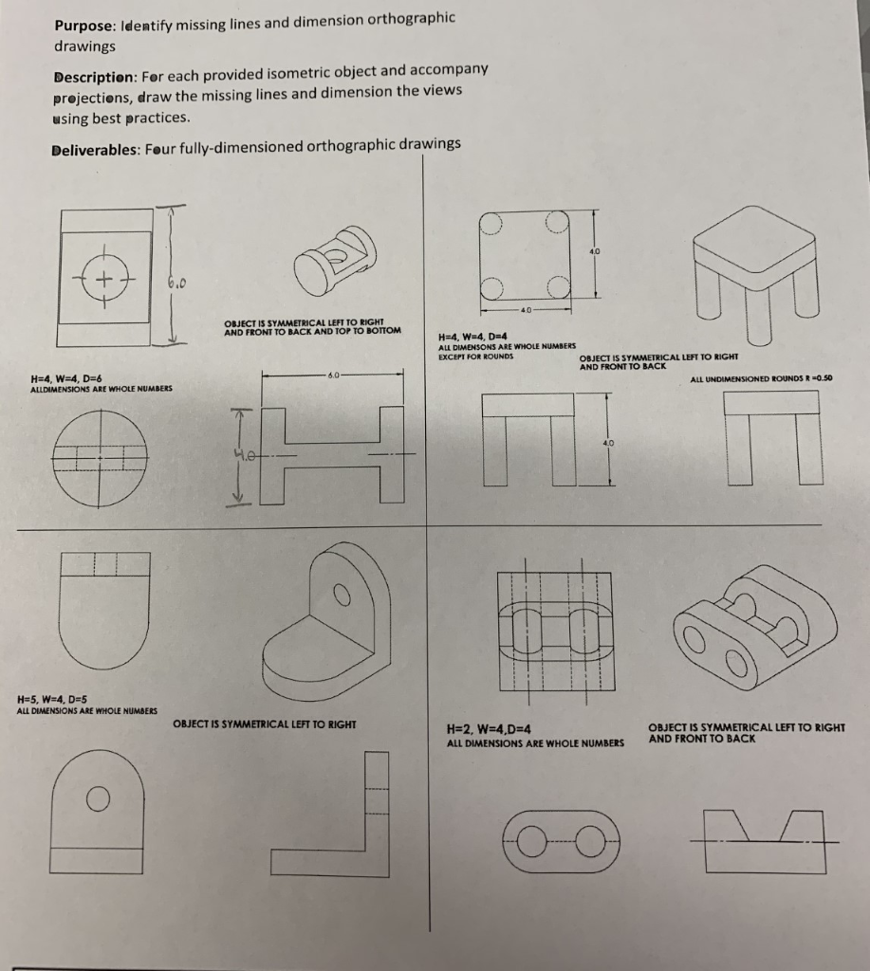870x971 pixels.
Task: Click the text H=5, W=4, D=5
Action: (x=55, y=700)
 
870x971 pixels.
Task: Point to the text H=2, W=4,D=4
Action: (x=487, y=729)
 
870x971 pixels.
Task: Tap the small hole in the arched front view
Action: (x=94, y=799)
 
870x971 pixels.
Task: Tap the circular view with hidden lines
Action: (x=101, y=461)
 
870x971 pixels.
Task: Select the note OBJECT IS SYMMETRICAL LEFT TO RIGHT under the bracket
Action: (x=265, y=724)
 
